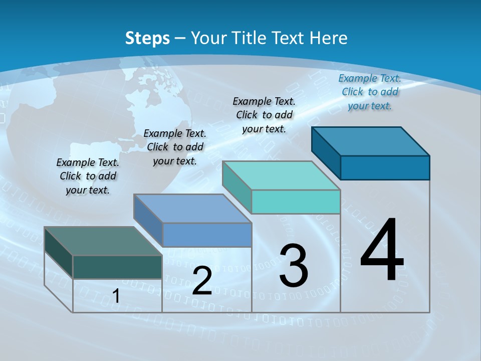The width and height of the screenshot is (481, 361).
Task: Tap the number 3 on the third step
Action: point(294,266)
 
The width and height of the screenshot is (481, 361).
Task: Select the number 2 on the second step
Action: point(202,281)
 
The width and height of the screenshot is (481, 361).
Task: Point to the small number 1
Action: point(116,296)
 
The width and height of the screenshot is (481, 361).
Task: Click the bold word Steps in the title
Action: point(147,38)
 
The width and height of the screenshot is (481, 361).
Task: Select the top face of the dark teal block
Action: point(103,241)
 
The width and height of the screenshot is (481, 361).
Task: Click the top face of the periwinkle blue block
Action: point(192,209)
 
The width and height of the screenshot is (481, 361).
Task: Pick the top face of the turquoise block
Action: point(281,175)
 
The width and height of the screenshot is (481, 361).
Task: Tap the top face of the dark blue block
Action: point(370,141)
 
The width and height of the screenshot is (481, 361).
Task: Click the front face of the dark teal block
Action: point(117,267)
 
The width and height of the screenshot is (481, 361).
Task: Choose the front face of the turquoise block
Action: point(296,202)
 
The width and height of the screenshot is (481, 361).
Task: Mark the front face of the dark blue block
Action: point(385,167)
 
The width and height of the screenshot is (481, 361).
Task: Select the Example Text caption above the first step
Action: point(88,176)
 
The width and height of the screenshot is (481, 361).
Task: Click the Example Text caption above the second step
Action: point(175,147)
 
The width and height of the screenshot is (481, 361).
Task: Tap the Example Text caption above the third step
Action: point(264,115)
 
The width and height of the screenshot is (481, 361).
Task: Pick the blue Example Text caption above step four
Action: point(370,92)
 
